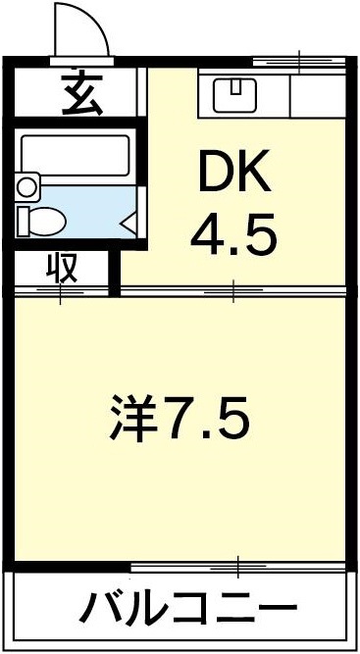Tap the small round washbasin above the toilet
point(26,184)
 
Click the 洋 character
point(133,420)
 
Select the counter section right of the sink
point(318,94)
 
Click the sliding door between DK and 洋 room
point(233,290)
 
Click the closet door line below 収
point(62,290)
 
